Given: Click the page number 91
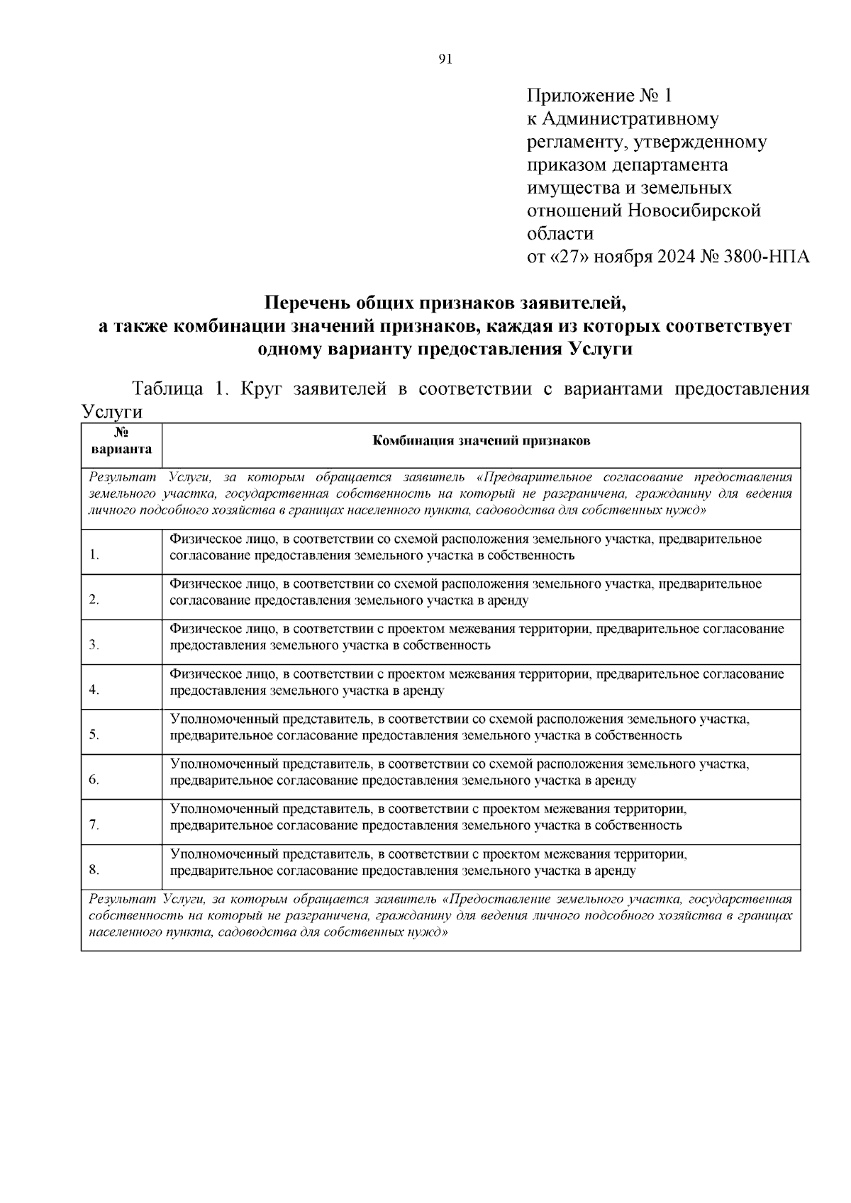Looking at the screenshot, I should (445, 59).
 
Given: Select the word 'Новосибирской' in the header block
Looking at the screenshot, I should (694, 211).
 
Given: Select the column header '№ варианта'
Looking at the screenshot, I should (121, 440).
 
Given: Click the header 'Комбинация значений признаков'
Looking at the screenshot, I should (482, 441).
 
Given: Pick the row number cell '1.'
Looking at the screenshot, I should (94, 555).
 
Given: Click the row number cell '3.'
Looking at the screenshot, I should (94, 645).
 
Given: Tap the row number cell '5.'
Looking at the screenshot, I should (94, 734).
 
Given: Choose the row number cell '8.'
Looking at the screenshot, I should (94, 870).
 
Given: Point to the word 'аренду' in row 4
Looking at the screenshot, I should (422, 690).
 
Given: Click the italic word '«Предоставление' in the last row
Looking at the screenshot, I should (493, 900).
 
